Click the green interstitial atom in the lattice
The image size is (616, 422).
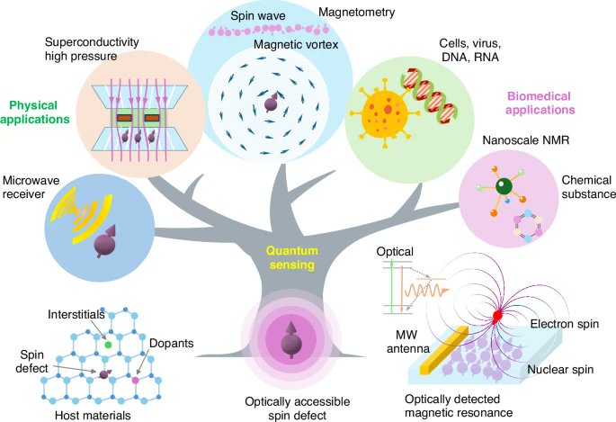(x=108, y=344)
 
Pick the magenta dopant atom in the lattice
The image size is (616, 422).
(x=136, y=382)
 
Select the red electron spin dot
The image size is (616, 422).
(x=496, y=317)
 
